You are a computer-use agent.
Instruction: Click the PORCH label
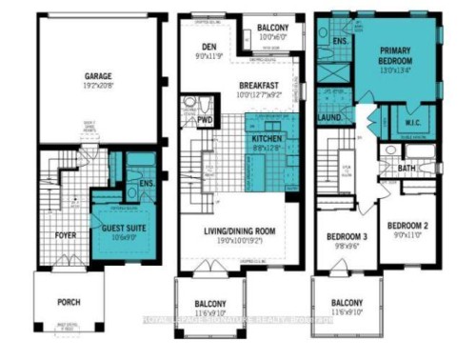68,303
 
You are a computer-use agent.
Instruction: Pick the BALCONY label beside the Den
279,30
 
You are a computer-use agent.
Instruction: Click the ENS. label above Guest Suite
146,183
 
